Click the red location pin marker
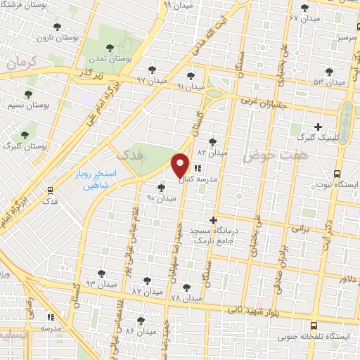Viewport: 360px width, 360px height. point(181,165)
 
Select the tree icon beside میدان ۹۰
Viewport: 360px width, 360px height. point(162,187)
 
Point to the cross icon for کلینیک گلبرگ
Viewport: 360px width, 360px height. point(319,127)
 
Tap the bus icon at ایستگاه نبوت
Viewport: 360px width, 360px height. point(337,174)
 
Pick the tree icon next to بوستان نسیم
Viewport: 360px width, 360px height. point(29,94)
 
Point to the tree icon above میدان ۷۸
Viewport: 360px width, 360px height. point(186,287)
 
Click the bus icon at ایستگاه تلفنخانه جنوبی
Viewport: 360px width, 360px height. point(314,326)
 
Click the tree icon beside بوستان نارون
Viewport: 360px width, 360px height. point(57,27)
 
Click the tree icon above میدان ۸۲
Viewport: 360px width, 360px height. point(212,141)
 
